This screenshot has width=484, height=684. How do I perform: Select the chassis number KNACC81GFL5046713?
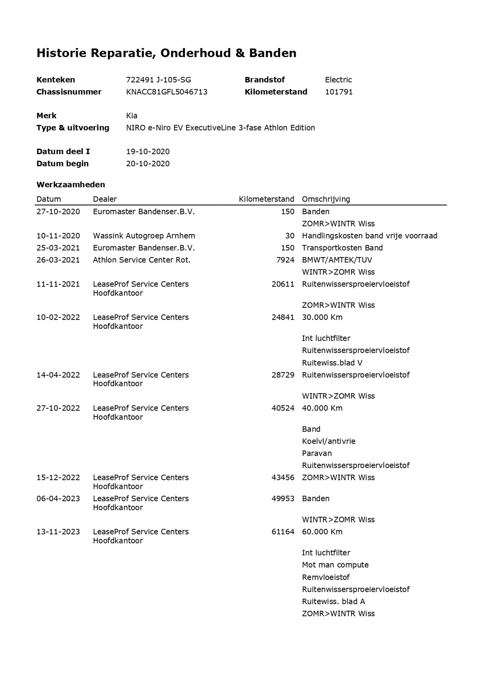point(167,92)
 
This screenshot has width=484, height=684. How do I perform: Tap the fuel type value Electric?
point(338,80)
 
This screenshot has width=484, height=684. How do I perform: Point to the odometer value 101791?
point(339,92)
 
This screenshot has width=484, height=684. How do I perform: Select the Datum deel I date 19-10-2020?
point(148,152)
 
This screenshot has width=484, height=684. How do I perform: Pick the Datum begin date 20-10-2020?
point(148,164)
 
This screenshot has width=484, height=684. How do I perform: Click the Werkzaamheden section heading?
point(71,185)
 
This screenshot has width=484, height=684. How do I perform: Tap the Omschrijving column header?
point(326,199)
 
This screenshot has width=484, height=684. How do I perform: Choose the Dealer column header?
point(105,199)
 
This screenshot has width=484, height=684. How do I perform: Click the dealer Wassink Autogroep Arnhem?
point(144,236)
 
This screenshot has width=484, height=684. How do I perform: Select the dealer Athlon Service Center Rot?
point(142,260)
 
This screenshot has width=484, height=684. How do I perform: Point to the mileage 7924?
point(285,260)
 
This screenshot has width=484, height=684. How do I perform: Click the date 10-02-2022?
point(58,317)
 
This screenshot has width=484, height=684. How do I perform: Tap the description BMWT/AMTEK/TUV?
point(337,260)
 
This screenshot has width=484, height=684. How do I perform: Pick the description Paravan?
point(317,453)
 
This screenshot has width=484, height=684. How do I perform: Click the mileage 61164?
point(283,532)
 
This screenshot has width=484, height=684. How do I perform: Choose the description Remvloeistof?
point(325,577)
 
